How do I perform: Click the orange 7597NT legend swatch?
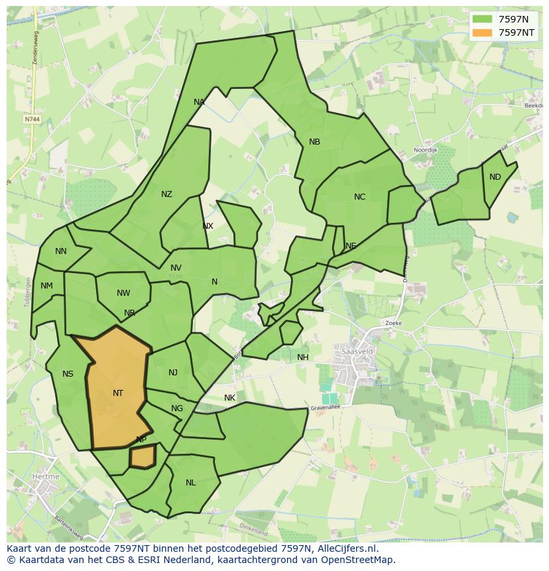[483, 32]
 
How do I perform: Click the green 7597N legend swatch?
[483, 19]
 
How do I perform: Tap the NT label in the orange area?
[118, 393]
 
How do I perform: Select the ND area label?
[495, 177]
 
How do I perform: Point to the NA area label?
[199, 102]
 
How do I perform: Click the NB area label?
[314, 142]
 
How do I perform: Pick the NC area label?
[359, 197]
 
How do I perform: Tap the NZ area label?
[166, 194]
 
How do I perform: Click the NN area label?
[61, 251]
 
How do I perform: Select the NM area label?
[46, 286]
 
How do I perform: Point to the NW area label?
[123, 293]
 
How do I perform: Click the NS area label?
[68, 374]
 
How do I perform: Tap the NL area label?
[191, 483]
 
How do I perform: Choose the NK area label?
[229, 398]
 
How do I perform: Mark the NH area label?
[303, 357]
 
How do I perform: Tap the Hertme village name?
[44, 476]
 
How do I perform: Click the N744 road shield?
[31, 119]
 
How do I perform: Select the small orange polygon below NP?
[142, 457]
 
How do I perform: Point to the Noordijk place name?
[426, 151]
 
